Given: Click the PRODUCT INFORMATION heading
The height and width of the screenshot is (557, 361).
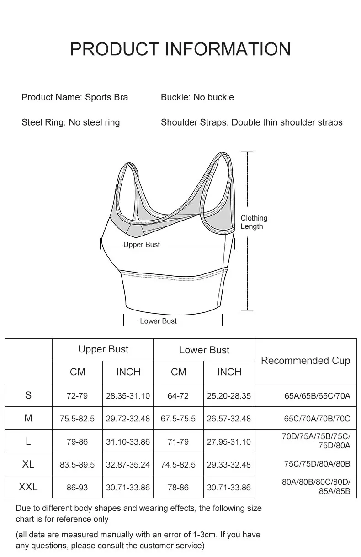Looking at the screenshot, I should (180, 49).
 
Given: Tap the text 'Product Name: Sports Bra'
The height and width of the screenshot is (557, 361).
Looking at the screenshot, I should (74, 97).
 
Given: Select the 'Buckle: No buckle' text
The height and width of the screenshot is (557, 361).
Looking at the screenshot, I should (197, 97).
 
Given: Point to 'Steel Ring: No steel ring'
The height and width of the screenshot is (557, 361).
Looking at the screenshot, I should (70, 122).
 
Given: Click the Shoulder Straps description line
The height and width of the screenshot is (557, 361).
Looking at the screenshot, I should (251, 122).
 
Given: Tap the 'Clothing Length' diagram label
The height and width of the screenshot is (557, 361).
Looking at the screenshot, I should (254, 222).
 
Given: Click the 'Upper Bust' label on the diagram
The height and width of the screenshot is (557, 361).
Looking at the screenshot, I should (142, 245).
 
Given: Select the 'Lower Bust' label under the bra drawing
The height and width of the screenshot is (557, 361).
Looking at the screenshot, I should (158, 321).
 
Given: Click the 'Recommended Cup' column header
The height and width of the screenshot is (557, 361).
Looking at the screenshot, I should (305, 361).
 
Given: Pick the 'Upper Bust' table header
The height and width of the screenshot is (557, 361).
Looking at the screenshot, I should (103, 350).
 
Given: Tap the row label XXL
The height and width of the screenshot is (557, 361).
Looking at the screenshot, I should (28, 487).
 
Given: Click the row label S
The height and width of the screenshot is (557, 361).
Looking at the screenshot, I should (28, 395).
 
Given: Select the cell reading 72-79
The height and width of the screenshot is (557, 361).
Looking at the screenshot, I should (77, 396).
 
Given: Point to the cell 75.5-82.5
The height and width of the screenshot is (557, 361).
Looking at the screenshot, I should (77, 419).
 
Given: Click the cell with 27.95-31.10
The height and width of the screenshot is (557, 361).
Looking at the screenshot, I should (228, 442).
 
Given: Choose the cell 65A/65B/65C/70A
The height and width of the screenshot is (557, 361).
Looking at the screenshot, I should (317, 396).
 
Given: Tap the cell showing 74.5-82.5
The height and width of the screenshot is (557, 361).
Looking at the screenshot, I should (178, 465).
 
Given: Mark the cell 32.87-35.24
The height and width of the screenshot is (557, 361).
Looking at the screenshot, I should (128, 465).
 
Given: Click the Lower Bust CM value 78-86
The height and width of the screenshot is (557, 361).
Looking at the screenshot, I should (178, 488).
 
